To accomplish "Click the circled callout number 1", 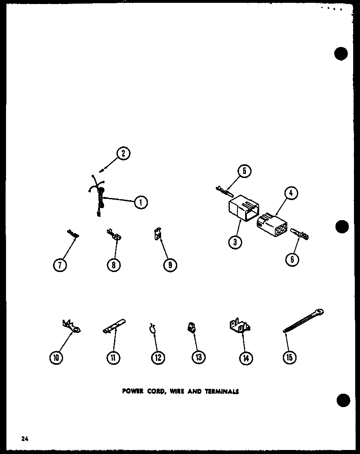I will [x=140, y=202].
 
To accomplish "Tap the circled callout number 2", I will [x=123, y=153].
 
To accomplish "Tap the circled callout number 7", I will [x=60, y=265].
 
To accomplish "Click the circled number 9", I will [x=170, y=265].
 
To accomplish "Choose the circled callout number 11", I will [x=113, y=357].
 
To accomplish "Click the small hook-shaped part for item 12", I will [x=152, y=328].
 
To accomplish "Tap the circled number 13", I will [x=198, y=357].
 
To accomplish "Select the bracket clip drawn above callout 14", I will [x=239, y=325].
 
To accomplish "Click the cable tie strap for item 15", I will [x=303, y=321].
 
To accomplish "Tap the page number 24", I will [x=25, y=439].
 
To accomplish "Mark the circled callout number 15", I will [x=289, y=357].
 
